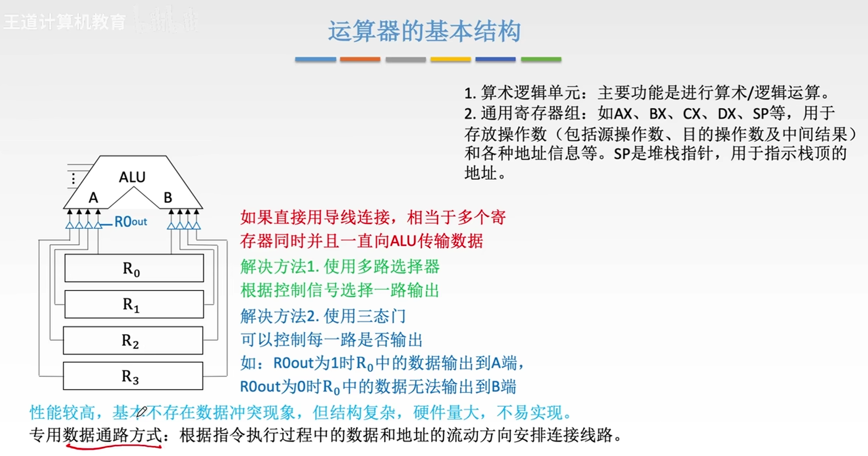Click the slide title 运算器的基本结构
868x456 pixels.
[424, 31]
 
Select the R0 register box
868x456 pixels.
[134, 268]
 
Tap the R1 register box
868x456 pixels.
[134, 304]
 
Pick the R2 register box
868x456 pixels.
[133, 340]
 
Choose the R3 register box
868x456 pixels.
[133, 375]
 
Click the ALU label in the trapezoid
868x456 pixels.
[132, 177]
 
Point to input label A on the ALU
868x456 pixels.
[93, 198]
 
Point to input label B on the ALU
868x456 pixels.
[168, 197]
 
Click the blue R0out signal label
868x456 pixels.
[131, 222]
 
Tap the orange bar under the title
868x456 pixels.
[360, 60]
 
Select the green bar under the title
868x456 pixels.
[541, 60]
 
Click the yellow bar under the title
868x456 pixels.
[450, 60]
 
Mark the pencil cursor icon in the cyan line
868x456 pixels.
[141, 411]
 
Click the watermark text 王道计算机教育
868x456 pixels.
[64, 22]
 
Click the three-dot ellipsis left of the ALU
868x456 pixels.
[73, 178]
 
